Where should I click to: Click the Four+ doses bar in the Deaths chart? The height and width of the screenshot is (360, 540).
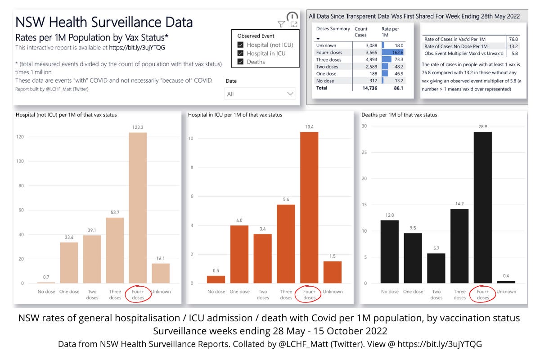483,207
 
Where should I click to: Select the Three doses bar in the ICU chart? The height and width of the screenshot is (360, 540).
286,244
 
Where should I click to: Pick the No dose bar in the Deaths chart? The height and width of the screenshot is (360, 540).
389,252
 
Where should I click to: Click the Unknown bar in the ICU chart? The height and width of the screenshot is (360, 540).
333,272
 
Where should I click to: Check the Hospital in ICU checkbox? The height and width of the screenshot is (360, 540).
241,54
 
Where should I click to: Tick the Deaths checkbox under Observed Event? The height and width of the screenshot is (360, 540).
241,62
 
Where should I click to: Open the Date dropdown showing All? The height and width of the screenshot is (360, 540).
260,94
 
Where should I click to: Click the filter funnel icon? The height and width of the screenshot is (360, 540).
281,24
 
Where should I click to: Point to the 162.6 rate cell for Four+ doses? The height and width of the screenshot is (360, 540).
393,52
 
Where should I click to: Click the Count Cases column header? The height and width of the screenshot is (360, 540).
361,31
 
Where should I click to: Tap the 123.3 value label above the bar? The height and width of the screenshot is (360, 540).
139,128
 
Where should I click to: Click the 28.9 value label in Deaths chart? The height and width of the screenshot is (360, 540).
483,127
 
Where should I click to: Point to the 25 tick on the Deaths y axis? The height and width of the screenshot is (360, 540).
365,152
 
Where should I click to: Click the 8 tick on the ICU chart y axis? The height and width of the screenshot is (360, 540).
192,167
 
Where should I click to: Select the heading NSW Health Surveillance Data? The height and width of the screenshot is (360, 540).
104,22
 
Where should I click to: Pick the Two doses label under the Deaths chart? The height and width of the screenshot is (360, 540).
436,294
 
